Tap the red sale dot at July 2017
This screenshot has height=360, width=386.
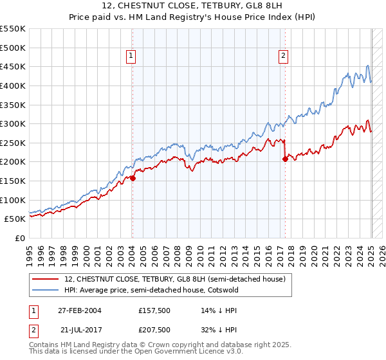285,159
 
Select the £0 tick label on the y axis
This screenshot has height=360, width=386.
20,238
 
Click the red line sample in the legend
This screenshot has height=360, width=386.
46,279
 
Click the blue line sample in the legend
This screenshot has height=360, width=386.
46,290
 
